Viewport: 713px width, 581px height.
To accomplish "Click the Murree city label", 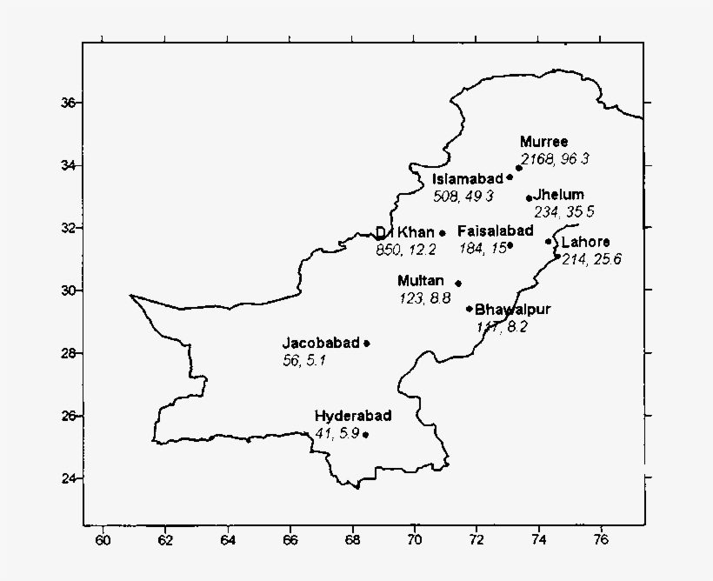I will [x=543, y=142].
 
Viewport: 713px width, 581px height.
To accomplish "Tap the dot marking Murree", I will [x=519, y=168].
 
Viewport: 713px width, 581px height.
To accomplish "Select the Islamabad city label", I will [x=468, y=178].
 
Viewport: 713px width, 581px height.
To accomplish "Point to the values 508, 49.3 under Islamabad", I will [x=463, y=196].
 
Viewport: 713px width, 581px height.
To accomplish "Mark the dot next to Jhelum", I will [x=529, y=198].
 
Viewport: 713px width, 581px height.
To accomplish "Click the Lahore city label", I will [x=585, y=242].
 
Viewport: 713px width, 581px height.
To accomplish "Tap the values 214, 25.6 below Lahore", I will [x=591, y=258].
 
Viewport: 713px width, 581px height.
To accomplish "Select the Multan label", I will [x=421, y=281].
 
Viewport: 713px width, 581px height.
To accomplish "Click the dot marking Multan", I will [x=458, y=283].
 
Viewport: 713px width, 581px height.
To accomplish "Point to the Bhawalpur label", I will [x=513, y=309].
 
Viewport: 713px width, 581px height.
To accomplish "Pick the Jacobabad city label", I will [x=320, y=343].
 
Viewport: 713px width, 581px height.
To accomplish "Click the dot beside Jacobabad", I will [x=367, y=344].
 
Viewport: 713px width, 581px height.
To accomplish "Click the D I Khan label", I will [x=404, y=232].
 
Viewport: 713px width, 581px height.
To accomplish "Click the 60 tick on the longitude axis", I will [x=103, y=539].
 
